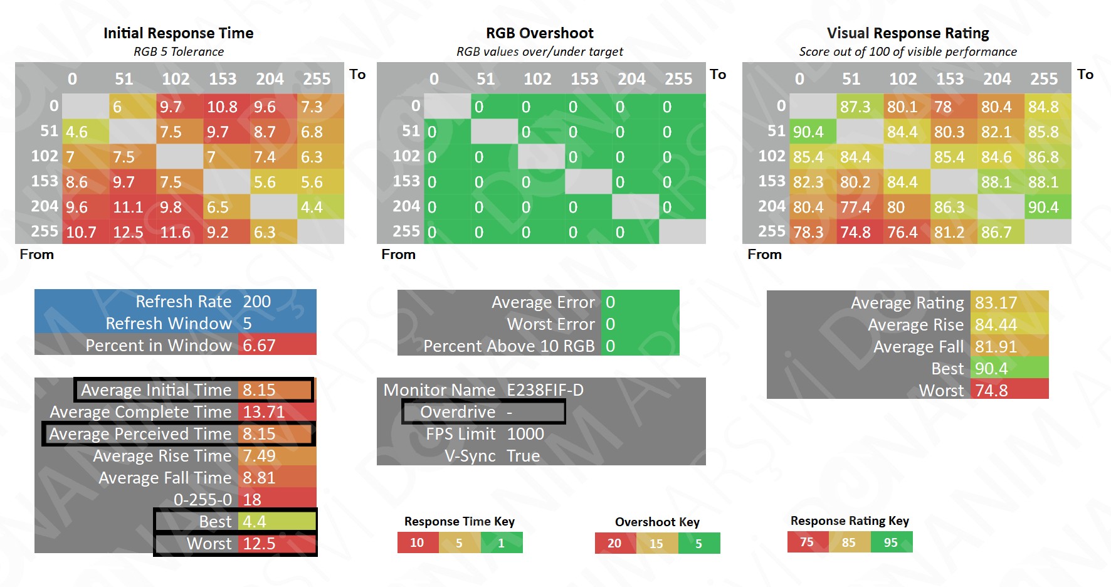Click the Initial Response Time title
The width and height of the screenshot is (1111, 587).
point(178,33)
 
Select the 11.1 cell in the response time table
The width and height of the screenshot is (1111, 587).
point(128,208)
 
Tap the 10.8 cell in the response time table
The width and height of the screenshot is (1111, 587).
point(223,107)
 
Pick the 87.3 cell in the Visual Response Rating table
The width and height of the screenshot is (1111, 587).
point(855,107)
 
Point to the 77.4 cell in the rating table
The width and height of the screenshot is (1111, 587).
point(855,208)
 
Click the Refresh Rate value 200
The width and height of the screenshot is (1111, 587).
point(257,302)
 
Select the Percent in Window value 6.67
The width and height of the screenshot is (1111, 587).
point(259,346)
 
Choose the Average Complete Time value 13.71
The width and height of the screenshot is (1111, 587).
point(263,412)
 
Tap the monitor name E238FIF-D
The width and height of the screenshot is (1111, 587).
point(545,390)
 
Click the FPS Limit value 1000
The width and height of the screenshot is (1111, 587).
point(525,434)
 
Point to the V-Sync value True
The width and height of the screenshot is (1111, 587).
point(523,456)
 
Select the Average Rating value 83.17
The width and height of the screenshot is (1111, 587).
point(996,303)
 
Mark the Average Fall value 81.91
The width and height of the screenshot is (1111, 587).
point(996,347)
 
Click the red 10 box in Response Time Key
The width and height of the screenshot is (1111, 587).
point(418,542)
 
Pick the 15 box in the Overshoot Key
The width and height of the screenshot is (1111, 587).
point(656,543)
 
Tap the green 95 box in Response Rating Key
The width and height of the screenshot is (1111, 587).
point(891,542)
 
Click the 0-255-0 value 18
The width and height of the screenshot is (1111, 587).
point(252,500)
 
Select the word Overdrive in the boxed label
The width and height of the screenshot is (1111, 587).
point(458,412)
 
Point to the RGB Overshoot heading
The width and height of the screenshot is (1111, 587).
point(540,33)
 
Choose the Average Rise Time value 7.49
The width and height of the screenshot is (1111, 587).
point(259,456)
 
